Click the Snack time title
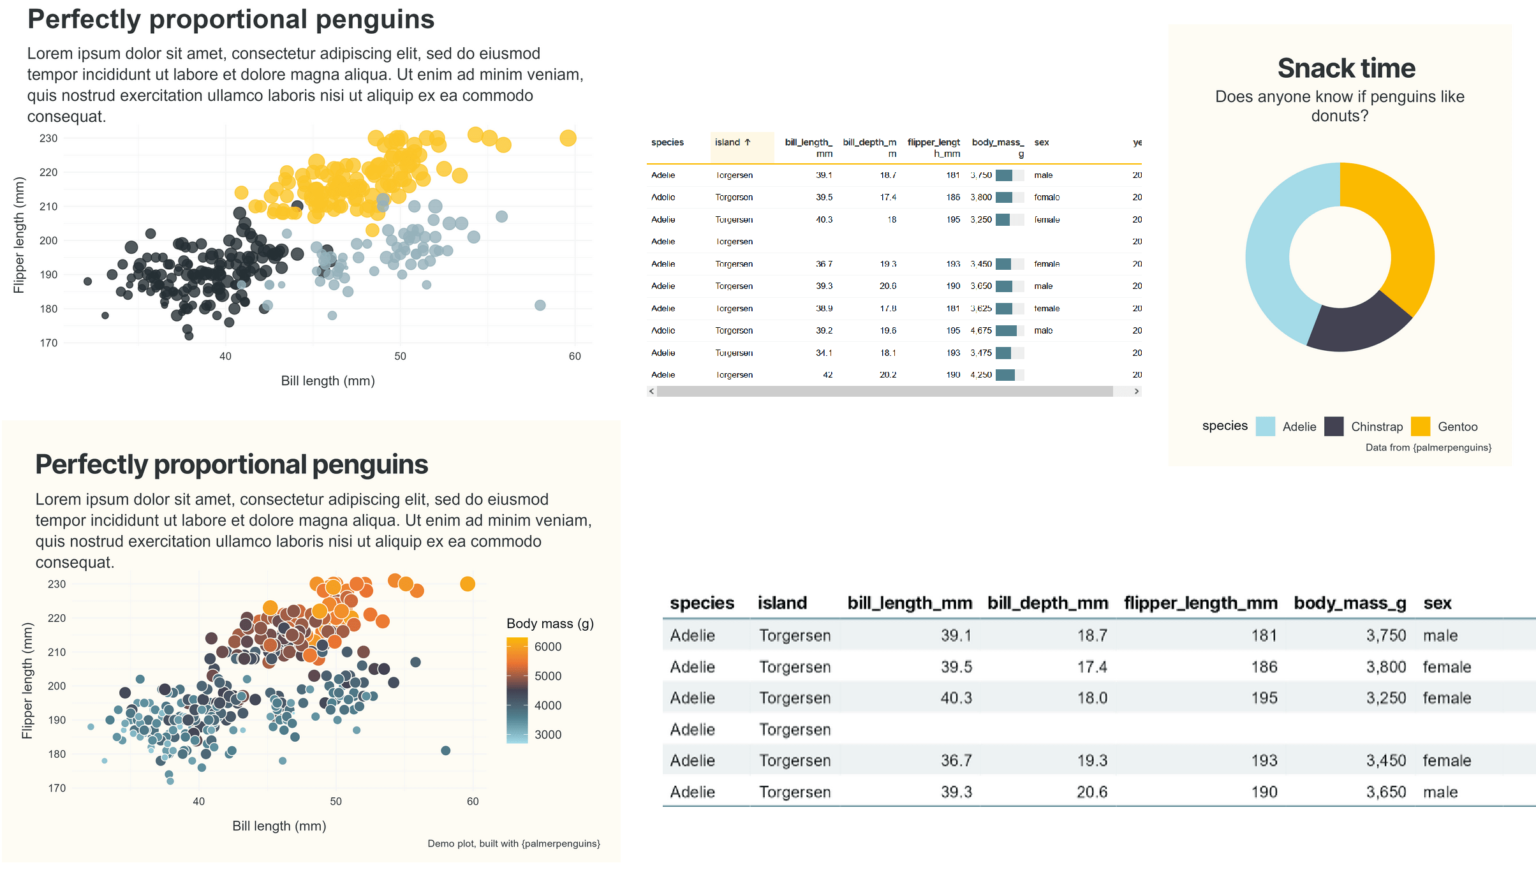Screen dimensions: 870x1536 point(1346,68)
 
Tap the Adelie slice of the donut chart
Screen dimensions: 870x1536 point(1273,255)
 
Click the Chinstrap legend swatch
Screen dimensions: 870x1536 point(1334,426)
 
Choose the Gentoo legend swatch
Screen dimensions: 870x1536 point(1421,426)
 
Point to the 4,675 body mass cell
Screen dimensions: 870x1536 point(981,330)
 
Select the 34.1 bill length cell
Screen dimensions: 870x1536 point(824,353)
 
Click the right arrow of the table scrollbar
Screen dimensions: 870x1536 point(1136,391)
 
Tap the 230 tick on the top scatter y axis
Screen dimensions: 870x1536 point(48,138)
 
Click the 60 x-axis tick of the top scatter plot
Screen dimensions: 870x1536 point(575,356)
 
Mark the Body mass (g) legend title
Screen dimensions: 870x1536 point(550,623)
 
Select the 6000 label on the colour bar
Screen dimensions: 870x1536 point(548,647)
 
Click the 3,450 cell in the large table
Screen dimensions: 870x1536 point(1385,760)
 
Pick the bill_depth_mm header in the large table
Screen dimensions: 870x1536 point(1047,603)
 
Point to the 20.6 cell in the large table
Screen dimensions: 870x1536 point(1091,792)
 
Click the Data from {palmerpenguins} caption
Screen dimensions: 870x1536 point(1428,447)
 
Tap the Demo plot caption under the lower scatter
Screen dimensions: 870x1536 point(513,843)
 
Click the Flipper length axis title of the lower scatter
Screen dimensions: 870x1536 point(27,681)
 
